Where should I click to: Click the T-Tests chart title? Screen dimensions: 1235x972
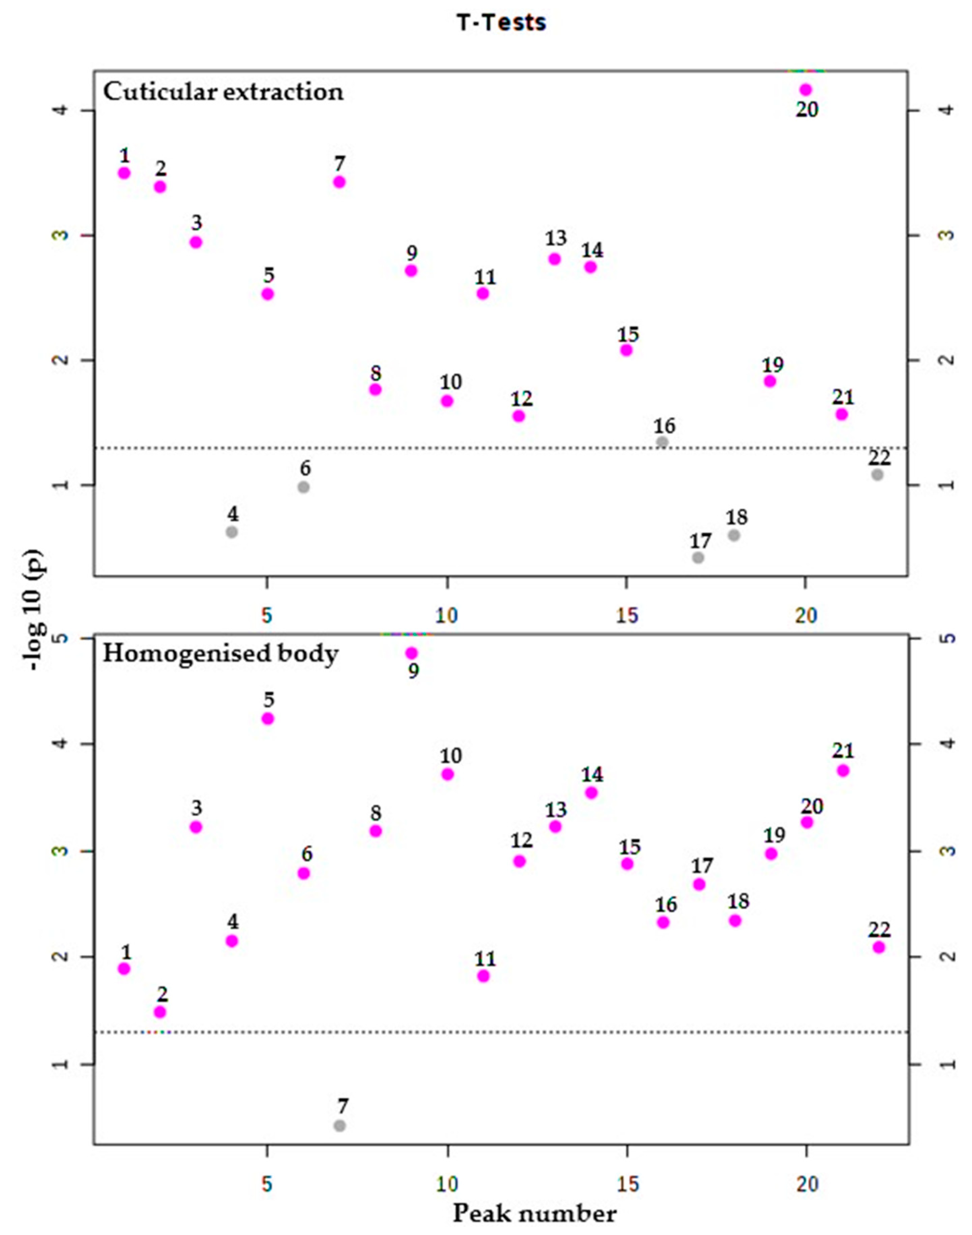coord(501,23)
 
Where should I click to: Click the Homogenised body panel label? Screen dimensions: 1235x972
coord(220,653)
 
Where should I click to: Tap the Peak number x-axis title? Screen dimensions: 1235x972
coord(534,1213)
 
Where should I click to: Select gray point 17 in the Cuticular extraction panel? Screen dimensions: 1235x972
coord(698,557)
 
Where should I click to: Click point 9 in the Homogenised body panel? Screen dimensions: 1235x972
coord(412,653)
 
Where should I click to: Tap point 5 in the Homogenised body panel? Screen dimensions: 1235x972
coord(267,719)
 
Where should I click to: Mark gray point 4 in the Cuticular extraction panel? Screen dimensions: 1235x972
coord(232,532)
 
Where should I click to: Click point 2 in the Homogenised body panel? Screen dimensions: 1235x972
coord(160,1012)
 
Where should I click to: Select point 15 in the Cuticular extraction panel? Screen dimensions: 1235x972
coord(626,350)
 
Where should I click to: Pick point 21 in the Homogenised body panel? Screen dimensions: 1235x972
coord(843,770)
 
